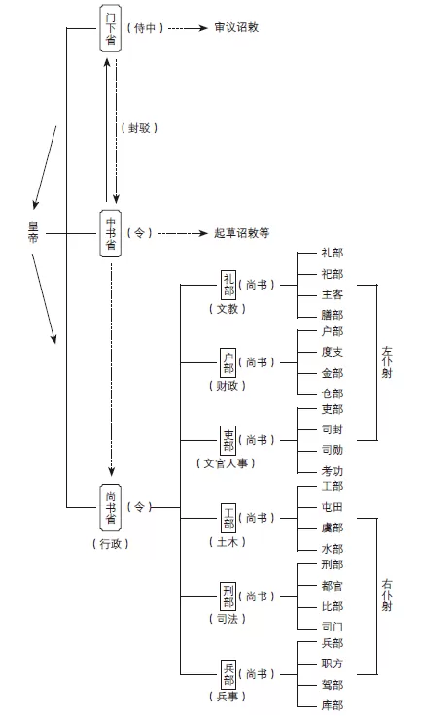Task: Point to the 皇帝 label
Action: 32,233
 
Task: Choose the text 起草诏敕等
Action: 241,233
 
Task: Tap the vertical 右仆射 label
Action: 386,594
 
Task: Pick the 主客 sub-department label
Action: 332,294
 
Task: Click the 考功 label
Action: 332,470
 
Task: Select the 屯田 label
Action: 332,506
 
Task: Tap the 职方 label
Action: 332,664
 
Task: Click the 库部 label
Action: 332,705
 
